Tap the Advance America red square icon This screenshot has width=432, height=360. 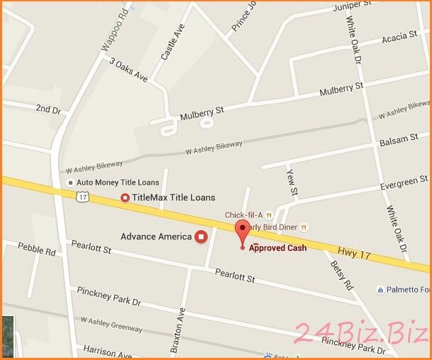(x=201, y=236)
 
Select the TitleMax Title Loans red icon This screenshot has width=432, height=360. (x=126, y=197)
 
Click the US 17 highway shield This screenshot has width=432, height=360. (x=84, y=197)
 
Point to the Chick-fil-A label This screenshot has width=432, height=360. (x=243, y=215)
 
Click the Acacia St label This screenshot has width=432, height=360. (x=399, y=36)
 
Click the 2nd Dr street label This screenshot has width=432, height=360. (x=48, y=109)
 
